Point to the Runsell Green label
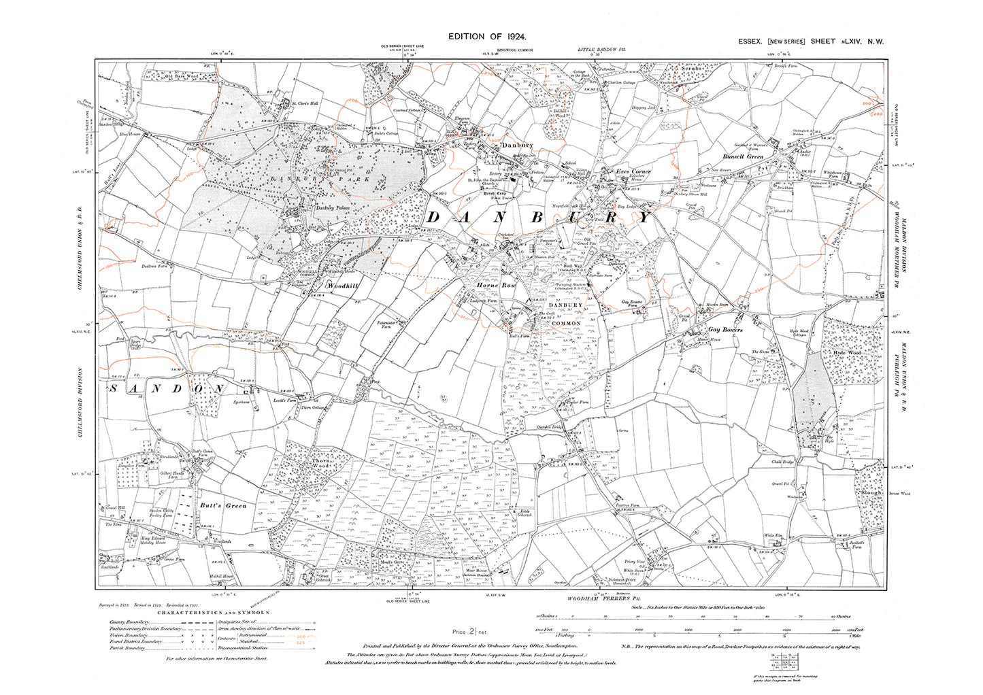[x=742, y=156]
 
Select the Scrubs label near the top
[x=681, y=69]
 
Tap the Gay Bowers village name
[x=725, y=329]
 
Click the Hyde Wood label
[x=847, y=354]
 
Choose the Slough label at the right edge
[x=871, y=473]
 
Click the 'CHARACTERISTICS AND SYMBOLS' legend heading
[x=213, y=612]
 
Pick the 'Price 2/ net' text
[x=469, y=632]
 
